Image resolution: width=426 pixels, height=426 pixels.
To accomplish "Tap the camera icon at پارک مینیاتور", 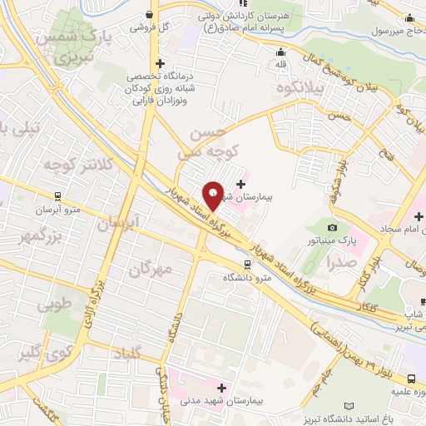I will click(x=333, y=227).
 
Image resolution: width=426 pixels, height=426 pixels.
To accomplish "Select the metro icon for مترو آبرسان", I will click(x=57, y=196).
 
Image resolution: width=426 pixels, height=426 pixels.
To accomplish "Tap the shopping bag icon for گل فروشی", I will click(x=149, y=13).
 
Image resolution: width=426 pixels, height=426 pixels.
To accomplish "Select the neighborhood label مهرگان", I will click(x=151, y=268).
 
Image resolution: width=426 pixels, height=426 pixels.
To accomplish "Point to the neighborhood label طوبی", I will click(x=55, y=305).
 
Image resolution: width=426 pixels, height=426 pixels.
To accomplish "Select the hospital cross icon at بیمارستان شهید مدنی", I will click(x=221, y=388).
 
